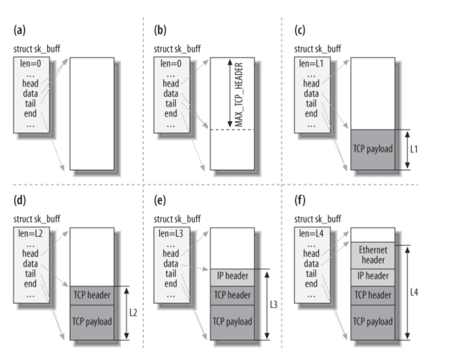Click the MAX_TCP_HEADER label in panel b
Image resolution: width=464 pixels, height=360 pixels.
coord(239,94)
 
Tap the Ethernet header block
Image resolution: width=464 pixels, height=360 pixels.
coord(373,255)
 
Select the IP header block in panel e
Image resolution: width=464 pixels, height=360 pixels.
coord(232,276)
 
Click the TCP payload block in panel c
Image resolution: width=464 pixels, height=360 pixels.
coord(373,149)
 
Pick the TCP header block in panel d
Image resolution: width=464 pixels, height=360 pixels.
coord(92,295)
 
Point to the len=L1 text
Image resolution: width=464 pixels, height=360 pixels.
coord(311,64)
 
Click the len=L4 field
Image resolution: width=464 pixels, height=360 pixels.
coord(311,234)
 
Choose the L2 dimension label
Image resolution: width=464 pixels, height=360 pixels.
coord(133,313)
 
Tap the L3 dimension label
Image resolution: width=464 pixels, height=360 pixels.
coord(273,305)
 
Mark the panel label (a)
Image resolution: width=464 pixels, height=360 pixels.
coord(19,30)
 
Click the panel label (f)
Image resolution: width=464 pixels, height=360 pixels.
coord(300,200)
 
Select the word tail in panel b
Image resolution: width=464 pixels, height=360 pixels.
coord(171,104)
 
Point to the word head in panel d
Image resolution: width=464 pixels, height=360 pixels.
coord(30,254)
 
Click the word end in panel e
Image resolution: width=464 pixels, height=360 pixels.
coord(171,284)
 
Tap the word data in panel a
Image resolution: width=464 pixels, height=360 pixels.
coord(30,94)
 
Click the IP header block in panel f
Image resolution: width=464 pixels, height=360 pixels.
coord(373,276)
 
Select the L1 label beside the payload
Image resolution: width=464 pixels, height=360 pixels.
coord(414,149)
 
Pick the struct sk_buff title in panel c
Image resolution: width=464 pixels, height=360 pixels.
coord(318,49)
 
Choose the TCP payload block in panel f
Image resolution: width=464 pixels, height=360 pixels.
coord(373,322)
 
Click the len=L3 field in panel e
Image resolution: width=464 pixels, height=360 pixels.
coord(171,234)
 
